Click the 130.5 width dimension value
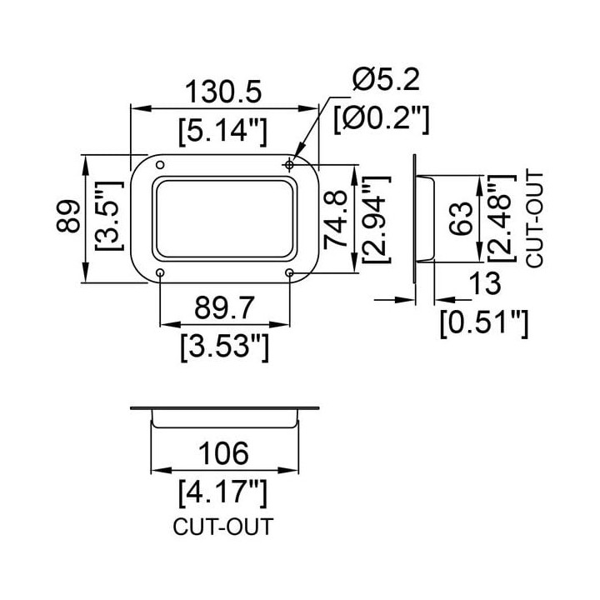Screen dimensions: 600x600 pos(223,92)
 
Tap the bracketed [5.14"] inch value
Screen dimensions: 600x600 pos(222,132)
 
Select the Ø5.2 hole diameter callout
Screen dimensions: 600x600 pos(386,79)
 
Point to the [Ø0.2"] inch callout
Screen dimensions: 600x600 pos(382,119)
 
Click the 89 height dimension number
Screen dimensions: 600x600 pos(68,217)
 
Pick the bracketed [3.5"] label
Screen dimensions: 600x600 pos(109,216)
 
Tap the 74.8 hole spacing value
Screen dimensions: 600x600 pos(336,220)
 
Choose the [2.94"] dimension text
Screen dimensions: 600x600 pos(377,220)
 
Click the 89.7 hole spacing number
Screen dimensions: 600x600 pos(224,307)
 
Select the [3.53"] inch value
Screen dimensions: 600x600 pos(225,347)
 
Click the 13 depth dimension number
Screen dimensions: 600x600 pos(485,283)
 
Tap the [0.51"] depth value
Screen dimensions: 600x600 pos(484,323)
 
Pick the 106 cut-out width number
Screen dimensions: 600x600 pos(223,453)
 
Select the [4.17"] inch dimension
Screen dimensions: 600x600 pos(222,493)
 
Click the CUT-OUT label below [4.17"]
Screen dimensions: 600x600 pos(223,526)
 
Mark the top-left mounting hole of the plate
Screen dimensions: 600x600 pos(160,165)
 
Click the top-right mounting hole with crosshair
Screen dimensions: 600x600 pos(290,165)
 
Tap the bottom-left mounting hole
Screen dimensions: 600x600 pos(160,272)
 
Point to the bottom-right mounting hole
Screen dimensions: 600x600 pos(290,272)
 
